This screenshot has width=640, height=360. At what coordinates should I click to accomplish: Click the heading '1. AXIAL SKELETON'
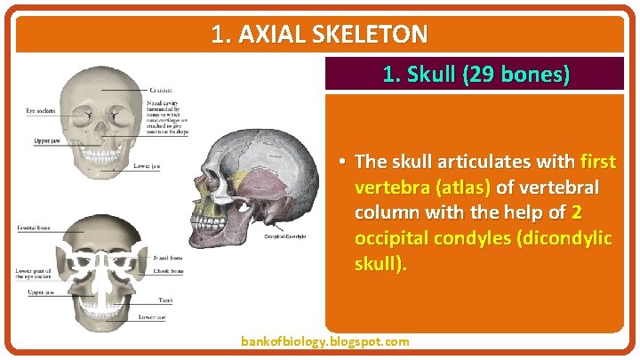coord(320,35)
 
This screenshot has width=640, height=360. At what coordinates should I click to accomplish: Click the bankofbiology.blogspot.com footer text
coord(325,341)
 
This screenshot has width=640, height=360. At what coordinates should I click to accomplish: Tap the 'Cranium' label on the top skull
coord(162,90)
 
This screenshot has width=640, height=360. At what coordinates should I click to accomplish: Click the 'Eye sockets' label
coord(41,111)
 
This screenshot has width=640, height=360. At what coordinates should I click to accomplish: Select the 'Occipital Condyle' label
coord(285,236)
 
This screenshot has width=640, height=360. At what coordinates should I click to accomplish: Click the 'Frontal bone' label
coord(34,228)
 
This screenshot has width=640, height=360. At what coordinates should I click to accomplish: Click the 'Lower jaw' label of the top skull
coord(147,165)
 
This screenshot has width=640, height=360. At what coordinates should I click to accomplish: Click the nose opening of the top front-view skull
coord(99,129)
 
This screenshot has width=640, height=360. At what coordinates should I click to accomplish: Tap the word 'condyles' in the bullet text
coord(462,239)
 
